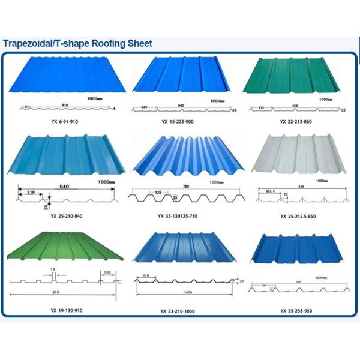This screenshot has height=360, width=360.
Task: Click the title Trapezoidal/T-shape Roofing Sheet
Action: [x=78, y=44]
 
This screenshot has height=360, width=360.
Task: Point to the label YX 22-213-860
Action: [x=296, y=122]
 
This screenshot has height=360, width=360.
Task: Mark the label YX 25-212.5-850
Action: [x=297, y=216]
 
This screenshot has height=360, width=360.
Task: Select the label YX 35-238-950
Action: [x=296, y=311]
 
